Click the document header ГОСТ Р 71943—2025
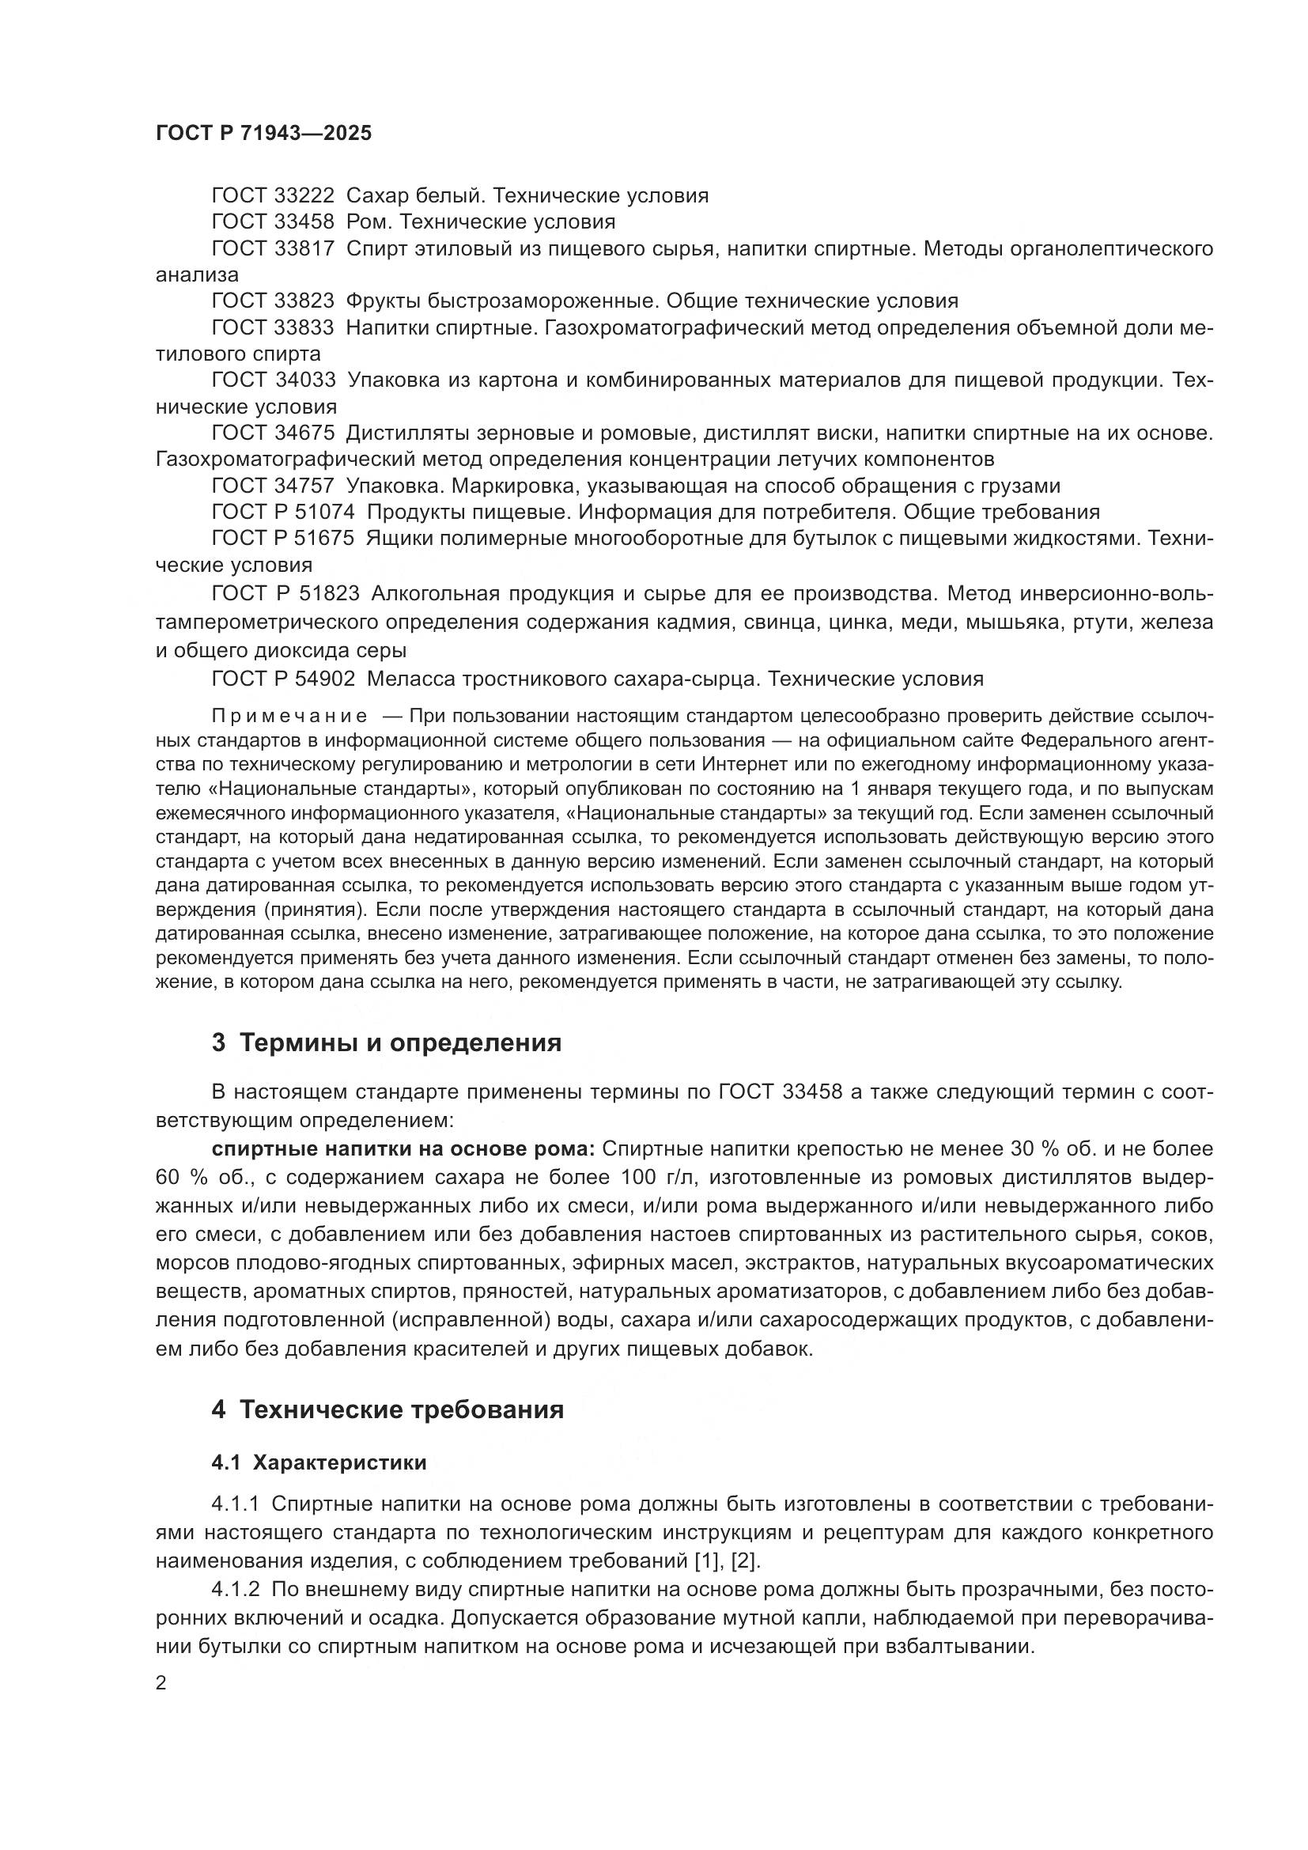tap(263, 134)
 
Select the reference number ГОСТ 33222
tap(272, 196)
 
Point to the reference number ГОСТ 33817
tap(272, 249)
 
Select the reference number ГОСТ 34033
tap(272, 380)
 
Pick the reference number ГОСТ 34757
tap(272, 486)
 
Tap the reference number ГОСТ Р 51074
tap(282, 513)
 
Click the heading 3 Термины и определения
tap(386, 1042)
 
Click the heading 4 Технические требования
tap(387, 1410)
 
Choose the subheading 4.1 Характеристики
tap(319, 1462)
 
